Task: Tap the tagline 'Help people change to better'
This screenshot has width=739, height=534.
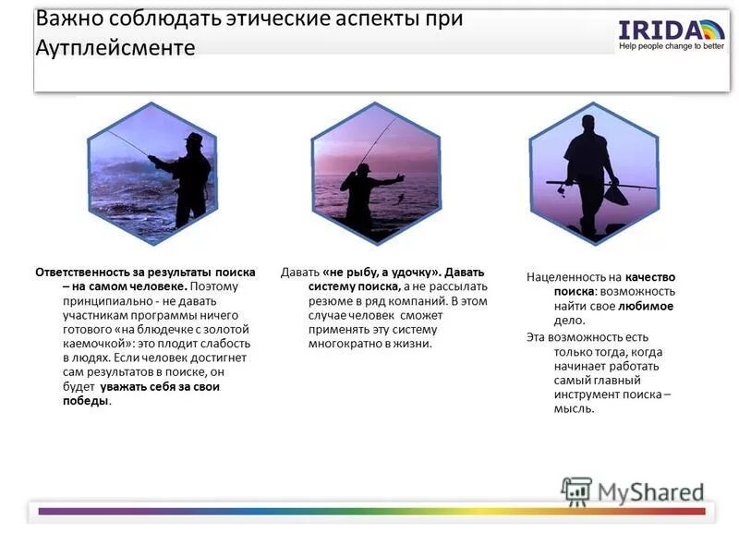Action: click(672, 46)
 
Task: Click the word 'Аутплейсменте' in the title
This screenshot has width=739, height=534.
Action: click(115, 48)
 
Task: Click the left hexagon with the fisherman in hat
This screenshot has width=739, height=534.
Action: click(152, 174)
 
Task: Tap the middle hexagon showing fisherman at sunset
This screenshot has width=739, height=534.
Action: click(375, 174)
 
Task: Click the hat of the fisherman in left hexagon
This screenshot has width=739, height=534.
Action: click(192, 139)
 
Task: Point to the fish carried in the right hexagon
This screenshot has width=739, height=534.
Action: click(616, 195)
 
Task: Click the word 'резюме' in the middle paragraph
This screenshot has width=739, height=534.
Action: click(330, 301)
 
